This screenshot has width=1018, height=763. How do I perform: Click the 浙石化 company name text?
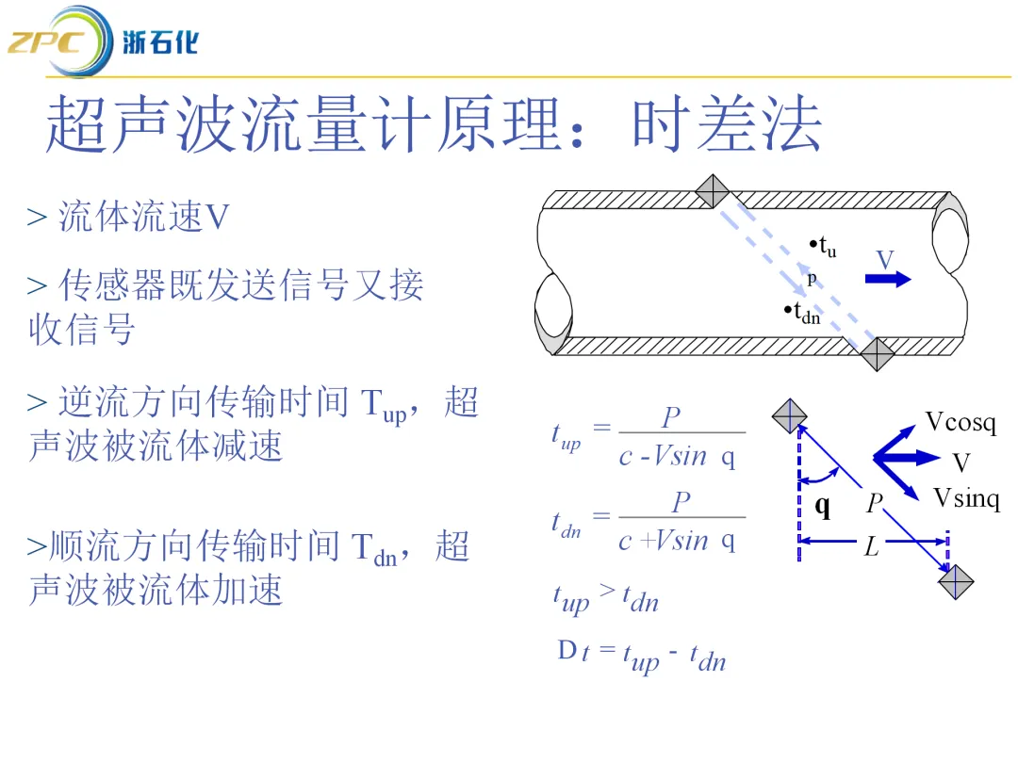pos(160,41)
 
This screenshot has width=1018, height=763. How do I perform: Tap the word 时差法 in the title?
pos(727,125)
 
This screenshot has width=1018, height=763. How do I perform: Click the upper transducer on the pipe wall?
pos(713,191)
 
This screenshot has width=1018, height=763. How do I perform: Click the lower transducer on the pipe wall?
pos(878,354)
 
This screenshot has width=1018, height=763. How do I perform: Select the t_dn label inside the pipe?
pos(803,313)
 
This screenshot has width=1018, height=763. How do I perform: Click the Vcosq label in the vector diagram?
pos(960,422)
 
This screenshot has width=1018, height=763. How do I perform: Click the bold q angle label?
pos(823,507)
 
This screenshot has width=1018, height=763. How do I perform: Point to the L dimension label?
pos(871,546)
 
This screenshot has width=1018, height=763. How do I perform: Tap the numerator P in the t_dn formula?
pos(681,502)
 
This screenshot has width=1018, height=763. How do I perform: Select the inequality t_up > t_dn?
pos(605,597)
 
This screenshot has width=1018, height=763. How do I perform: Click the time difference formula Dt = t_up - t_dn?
pos(642,656)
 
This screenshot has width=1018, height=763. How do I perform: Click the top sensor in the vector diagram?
pos(789,415)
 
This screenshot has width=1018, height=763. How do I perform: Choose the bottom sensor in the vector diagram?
pos(955,581)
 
